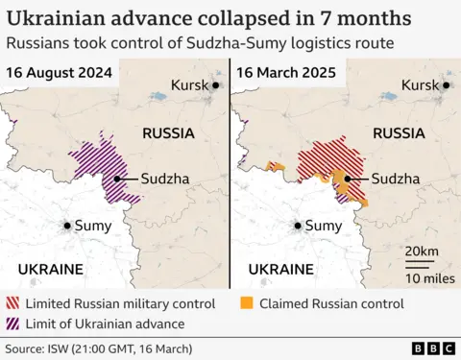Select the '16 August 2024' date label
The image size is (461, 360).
(x=59, y=73)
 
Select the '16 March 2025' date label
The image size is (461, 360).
(x=285, y=73)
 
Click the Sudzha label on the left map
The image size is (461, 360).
(x=165, y=179)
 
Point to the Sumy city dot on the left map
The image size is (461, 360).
(x=67, y=226)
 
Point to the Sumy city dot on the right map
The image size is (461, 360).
(x=297, y=226)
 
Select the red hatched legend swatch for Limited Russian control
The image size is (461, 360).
(x=12, y=303)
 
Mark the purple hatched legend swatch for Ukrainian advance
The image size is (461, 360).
(x=12, y=324)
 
